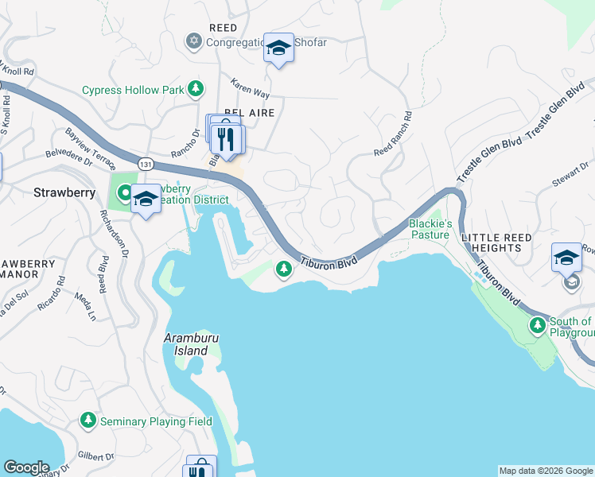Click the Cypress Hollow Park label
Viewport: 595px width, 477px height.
133,90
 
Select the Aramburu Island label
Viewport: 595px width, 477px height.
191,344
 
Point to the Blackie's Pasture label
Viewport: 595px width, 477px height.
430,229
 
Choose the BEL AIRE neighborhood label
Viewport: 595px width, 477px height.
249,113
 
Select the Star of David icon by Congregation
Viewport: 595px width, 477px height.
193,40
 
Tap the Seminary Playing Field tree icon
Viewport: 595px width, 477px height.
87,421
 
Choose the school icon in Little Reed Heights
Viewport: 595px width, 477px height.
566,257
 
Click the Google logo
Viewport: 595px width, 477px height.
26,467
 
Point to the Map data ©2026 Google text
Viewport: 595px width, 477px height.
545,471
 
